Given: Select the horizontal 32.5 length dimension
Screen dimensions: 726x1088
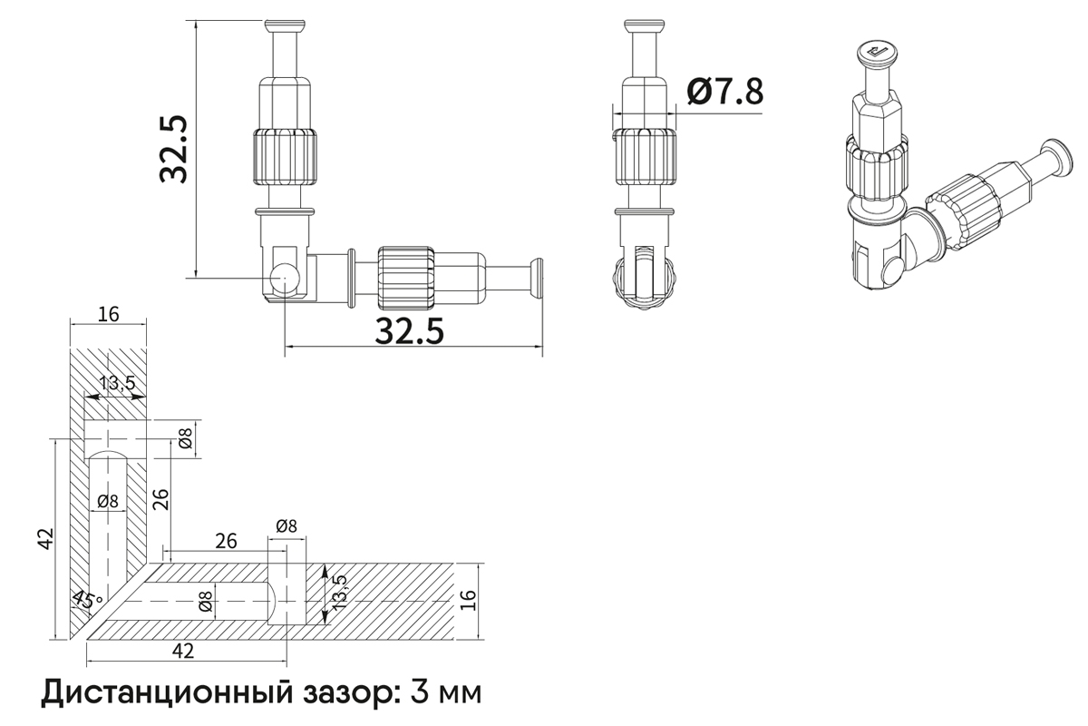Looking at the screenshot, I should [x=410, y=332].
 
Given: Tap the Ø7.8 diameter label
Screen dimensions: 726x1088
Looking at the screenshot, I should [x=724, y=92].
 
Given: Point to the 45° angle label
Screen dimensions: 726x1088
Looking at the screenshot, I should [x=88, y=599].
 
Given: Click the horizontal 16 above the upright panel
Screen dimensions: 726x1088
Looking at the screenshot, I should [x=109, y=315].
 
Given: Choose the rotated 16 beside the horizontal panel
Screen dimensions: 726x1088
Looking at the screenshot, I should [x=468, y=600].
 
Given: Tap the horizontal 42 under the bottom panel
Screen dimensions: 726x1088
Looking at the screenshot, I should [x=183, y=651].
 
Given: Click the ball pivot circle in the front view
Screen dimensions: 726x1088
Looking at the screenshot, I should [x=285, y=277].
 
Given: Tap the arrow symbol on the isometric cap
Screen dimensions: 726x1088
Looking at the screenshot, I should [x=877, y=54].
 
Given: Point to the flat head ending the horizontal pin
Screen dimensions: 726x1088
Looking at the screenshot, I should [x=537, y=277].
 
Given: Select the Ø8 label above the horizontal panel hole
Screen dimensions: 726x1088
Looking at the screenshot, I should [x=286, y=525].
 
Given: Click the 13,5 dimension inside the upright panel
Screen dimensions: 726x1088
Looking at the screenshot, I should [x=117, y=384].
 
